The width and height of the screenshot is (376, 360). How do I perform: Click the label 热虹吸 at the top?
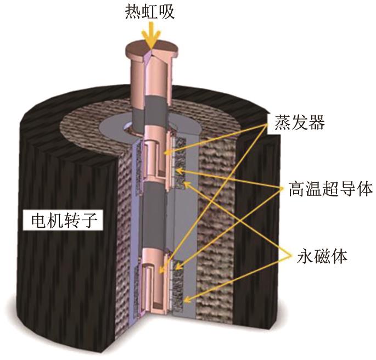click(150, 12)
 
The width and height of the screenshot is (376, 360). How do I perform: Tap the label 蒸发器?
click(300, 122)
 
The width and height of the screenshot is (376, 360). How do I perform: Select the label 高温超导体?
click(330, 189)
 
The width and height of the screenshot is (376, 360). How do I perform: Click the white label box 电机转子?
click(64, 220)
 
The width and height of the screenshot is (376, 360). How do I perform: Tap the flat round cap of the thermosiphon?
click(151, 49)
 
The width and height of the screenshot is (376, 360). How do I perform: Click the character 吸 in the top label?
click(167, 12)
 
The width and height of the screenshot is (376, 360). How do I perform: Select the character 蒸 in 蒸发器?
click(283, 122)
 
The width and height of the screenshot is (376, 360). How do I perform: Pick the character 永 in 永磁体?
click(305, 257)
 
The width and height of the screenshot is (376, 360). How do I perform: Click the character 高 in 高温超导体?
click(297, 189)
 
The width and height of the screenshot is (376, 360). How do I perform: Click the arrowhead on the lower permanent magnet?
click(187, 299)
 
